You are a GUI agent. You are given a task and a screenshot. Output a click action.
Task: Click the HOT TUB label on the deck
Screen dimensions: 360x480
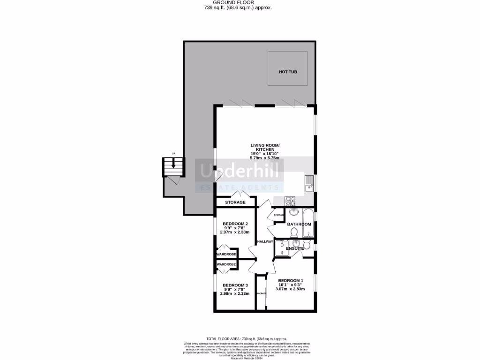coord(288,72)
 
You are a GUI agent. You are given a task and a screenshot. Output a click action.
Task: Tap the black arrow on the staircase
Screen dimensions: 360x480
coord(173,164)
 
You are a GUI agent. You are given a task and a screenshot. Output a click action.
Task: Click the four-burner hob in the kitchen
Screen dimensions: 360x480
coord(291,201)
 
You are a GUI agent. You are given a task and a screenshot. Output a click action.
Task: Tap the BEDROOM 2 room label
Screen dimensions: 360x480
coord(235,224)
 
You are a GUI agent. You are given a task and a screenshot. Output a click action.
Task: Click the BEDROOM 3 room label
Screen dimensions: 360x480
coord(235,285)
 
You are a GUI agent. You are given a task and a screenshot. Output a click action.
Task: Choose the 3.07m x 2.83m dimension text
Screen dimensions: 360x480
coord(290,289)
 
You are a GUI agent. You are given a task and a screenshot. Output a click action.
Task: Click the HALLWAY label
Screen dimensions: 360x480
coord(265,241)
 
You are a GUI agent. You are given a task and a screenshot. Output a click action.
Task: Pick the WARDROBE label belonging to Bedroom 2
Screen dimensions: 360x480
coord(226,254)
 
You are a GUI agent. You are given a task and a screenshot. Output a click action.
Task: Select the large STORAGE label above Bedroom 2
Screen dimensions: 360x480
coord(235,202)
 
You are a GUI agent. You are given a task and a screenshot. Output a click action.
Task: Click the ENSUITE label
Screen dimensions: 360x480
coord(295,248)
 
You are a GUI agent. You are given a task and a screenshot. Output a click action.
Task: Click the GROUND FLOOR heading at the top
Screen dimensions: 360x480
coord(240,2)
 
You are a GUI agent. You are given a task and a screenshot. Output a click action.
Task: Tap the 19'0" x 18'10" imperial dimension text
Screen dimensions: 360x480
coord(265,154)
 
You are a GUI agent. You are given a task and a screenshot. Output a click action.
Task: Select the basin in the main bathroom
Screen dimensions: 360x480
coord(293,212)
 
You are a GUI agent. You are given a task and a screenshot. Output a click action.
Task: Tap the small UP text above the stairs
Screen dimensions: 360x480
coord(173,154)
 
